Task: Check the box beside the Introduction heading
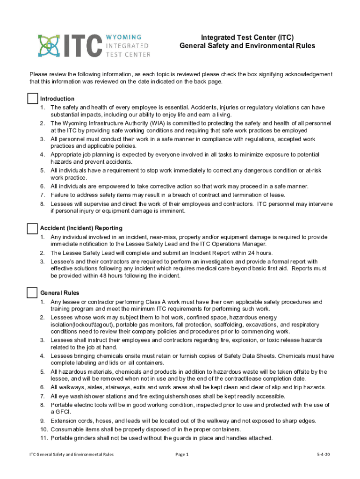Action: [32, 99]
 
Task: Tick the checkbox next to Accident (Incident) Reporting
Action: [32, 228]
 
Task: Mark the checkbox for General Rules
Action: [32, 293]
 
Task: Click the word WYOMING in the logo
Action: [125, 36]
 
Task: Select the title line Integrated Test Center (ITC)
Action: [247, 37]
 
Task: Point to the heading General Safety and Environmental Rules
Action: [247, 46]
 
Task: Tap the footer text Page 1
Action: [181, 454]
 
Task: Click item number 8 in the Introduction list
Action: [42, 204]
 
